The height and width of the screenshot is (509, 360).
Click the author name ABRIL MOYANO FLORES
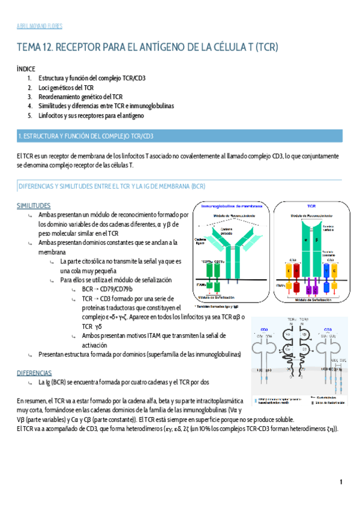pos(40,26)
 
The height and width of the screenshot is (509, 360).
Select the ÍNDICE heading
pos(26,70)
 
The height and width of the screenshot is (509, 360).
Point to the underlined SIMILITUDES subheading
pos(34,206)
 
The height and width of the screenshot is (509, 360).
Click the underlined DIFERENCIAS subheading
pos(34,373)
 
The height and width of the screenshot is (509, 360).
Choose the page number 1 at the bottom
pos(340,482)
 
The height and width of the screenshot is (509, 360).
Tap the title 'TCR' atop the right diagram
pos(311,206)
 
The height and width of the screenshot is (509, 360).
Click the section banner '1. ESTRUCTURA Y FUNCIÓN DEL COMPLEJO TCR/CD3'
pos(86,136)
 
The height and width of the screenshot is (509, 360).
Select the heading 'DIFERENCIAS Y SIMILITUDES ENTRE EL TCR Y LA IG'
pos(112,187)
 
